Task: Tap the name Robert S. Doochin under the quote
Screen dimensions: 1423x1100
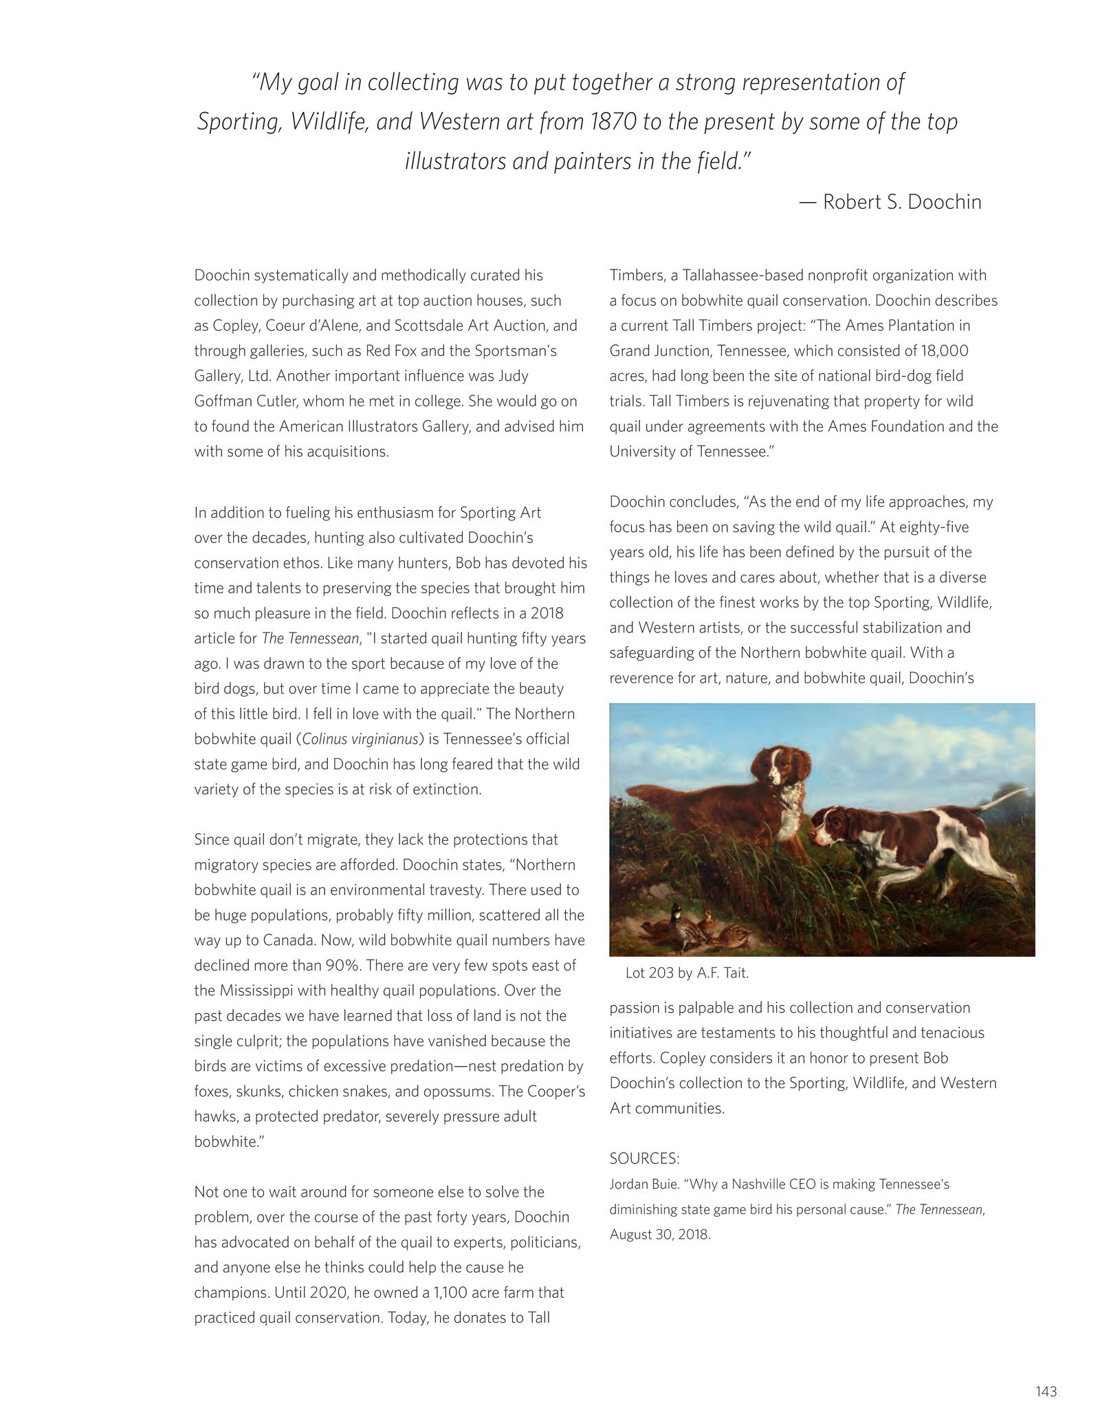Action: tap(902, 201)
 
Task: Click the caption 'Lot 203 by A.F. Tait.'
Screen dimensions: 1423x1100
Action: tap(687, 973)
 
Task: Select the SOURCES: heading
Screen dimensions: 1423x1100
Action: tap(644, 1158)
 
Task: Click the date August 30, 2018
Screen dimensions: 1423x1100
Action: tap(660, 1234)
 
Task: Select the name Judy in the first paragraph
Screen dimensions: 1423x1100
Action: tap(512, 376)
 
